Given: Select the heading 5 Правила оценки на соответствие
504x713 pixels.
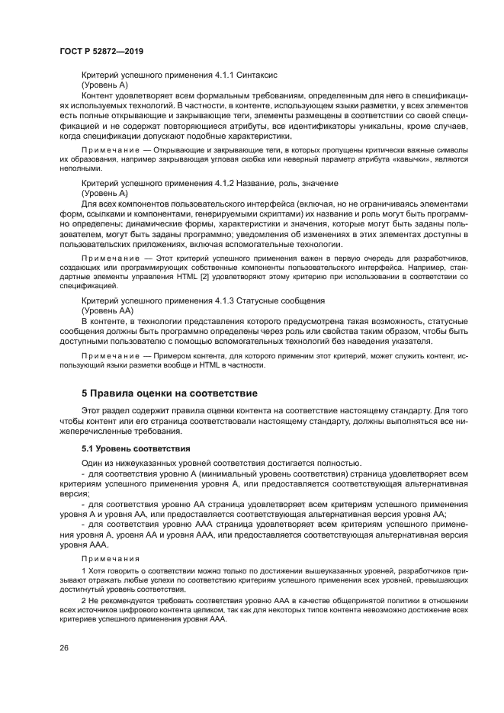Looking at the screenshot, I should [x=170, y=393].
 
